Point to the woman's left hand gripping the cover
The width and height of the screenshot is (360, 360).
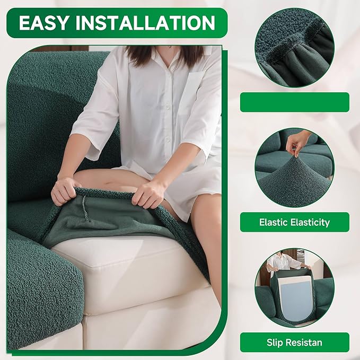click(150, 194)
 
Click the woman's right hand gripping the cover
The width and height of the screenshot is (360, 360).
click(66, 189)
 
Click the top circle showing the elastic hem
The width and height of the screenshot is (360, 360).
click(294, 48)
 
